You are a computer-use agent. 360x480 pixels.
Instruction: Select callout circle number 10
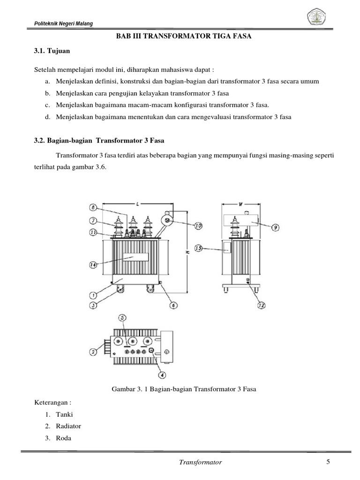tap(198, 225)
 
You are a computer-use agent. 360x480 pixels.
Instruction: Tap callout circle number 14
tap(93, 265)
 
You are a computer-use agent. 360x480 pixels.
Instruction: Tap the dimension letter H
tap(186, 252)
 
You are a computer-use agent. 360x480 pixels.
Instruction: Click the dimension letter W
tap(239, 204)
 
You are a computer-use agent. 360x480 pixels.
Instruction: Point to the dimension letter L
tap(137, 204)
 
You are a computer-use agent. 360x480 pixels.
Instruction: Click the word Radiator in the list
tap(68, 426)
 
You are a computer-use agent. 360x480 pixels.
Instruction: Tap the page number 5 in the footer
tap(328, 462)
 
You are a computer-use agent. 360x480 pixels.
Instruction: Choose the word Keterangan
tap(52, 403)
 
